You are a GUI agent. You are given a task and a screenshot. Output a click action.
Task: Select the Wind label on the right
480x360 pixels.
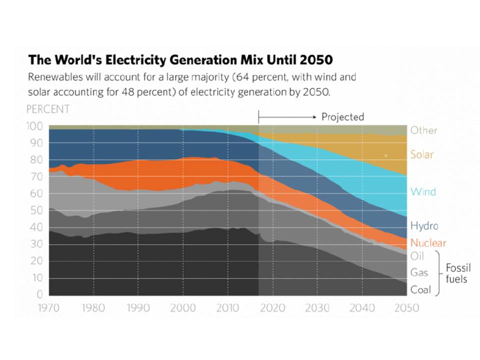click(423, 191)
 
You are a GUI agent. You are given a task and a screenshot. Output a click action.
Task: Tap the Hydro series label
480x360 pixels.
click(424, 225)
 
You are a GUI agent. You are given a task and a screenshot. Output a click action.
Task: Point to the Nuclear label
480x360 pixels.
click(428, 243)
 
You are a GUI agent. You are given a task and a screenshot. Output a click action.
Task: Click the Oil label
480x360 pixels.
click(416, 256)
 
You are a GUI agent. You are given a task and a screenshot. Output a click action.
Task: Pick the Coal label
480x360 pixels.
click(420, 289)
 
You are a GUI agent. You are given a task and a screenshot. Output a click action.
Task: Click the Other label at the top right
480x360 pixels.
click(424, 130)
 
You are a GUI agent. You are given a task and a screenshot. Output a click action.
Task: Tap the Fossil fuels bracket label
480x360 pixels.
click(455, 273)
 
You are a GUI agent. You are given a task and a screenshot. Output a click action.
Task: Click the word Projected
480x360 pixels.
click(342, 117)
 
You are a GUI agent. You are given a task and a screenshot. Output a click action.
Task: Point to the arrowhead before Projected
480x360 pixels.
click(315, 117)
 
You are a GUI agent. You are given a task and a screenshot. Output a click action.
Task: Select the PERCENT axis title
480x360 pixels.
click(48, 109)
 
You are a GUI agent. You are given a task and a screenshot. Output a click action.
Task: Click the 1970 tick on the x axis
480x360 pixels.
click(49, 307)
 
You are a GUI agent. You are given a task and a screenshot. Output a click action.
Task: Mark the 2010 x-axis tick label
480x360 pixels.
click(227, 307)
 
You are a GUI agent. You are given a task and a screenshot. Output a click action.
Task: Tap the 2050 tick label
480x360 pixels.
click(406, 307)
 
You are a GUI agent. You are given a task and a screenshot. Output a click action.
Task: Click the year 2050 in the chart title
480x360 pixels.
click(316, 60)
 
